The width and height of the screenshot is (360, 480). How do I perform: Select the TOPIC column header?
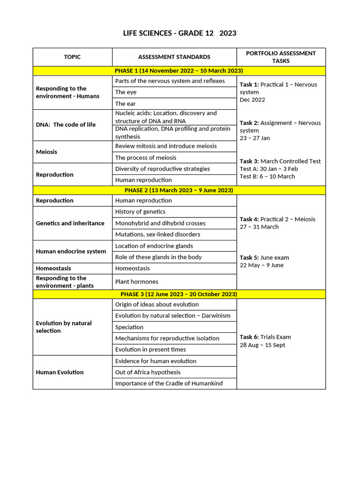(x=72, y=57)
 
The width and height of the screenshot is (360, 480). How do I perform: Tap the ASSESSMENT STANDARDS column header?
(x=174, y=57)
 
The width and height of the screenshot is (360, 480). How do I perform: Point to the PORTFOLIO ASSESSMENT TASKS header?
(x=281, y=57)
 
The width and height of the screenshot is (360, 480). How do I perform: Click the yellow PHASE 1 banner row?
(x=179, y=71)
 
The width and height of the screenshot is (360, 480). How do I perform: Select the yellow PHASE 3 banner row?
(x=179, y=294)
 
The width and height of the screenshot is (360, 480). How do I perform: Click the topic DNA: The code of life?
(x=66, y=125)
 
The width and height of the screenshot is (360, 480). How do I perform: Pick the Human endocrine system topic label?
(x=71, y=251)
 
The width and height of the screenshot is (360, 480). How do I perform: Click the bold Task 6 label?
(x=249, y=337)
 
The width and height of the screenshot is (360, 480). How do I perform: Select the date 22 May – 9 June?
(x=262, y=265)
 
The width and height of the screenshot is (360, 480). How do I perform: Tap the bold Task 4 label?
(x=249, y=219)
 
